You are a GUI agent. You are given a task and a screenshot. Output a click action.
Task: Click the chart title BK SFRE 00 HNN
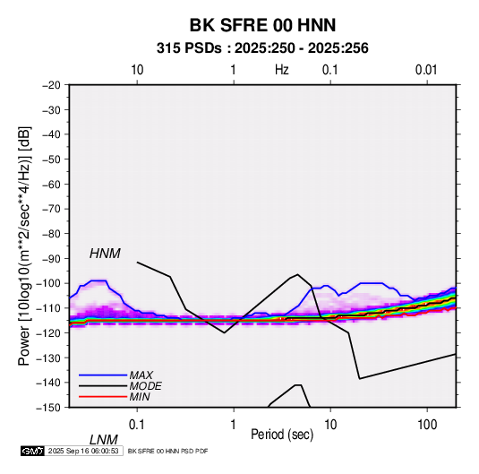tap(262, 25)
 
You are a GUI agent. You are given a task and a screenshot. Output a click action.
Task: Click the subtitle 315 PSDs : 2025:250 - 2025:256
tap(262, 48)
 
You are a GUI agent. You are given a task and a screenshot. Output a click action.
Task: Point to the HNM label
tap(105, 254)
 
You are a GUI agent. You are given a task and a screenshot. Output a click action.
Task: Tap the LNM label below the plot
tap(104, 440)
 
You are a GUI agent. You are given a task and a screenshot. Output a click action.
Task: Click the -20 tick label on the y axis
tap(51, 85)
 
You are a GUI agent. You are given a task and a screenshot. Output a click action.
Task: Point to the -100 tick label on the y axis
tap(48, 283)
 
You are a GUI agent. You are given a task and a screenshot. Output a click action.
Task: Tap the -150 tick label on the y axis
tap(48, 408)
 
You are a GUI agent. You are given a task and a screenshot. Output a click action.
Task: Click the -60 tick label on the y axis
tap(51, 184)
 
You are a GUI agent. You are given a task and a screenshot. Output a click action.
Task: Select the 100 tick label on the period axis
tap(427, 425)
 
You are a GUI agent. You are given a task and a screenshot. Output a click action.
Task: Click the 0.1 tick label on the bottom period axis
tap(137, 425)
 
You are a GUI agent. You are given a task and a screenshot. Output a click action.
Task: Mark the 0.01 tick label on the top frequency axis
tap(426, 70)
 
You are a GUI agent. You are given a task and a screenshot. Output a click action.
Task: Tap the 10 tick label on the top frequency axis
tap(137, 70)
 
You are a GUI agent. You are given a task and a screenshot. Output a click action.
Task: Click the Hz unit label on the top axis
tap(282, 70)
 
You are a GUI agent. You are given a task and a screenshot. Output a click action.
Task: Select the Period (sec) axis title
tap(282, 435)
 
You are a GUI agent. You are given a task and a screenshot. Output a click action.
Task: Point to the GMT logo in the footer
tap(33, 451)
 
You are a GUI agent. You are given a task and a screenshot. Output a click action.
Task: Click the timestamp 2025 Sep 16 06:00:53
tap(83, 451)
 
